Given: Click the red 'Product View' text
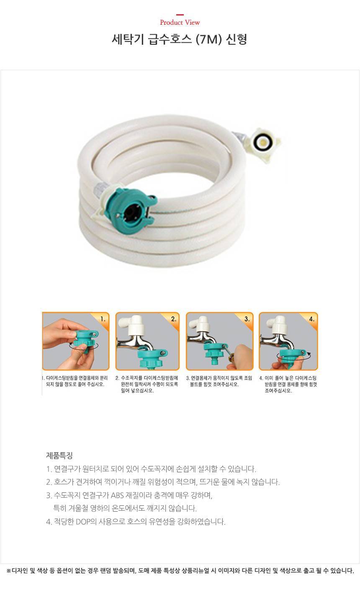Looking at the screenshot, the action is (180, 23).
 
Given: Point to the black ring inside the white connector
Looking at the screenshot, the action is (262, 143).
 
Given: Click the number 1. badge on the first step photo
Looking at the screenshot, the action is (103, 319).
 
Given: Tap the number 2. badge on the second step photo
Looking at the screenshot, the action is (174, 319).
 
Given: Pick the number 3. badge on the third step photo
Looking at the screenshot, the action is (247, 319).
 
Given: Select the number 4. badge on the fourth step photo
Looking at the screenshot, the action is (312, 319).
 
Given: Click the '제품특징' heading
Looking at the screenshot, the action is (59, 456).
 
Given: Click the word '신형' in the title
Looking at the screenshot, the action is (237, 40).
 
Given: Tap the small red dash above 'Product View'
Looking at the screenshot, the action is (180, 15).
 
